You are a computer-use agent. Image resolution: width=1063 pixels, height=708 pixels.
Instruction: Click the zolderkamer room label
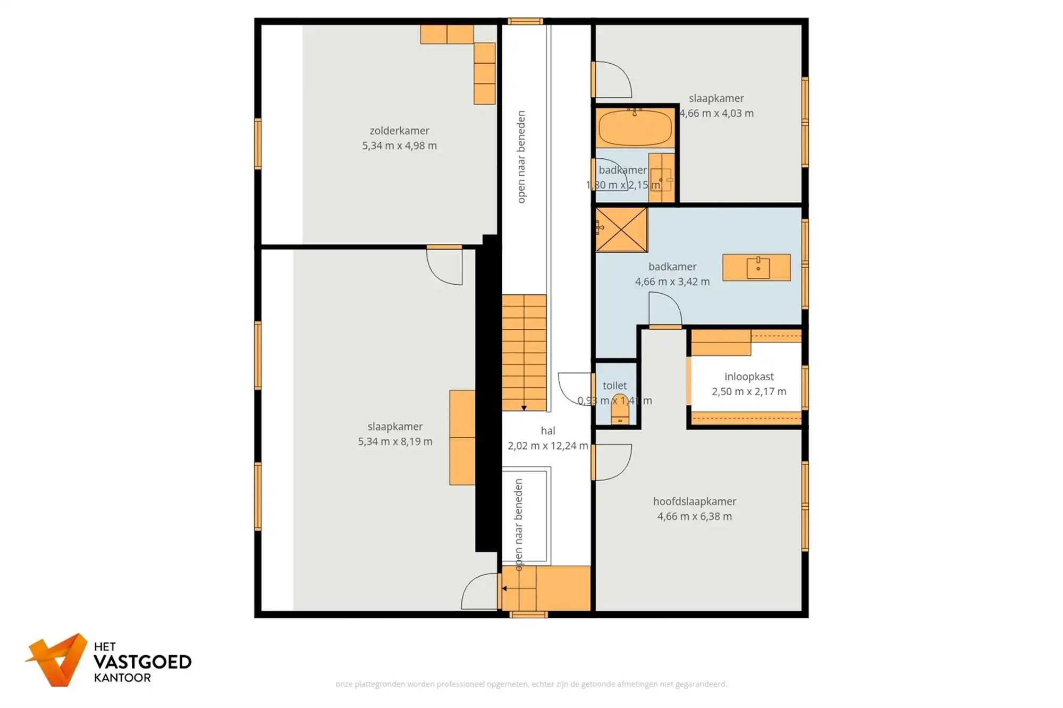coord(399,131)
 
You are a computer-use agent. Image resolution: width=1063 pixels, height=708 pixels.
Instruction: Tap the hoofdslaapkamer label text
coord(694,501)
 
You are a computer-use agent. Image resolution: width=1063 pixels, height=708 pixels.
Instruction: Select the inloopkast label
coord(749,377)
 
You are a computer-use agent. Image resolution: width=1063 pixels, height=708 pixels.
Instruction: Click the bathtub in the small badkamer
coord(635,128)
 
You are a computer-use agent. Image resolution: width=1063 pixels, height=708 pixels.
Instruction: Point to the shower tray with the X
coord(621,229)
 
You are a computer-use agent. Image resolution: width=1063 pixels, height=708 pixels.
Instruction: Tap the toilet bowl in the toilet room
coord(620,410)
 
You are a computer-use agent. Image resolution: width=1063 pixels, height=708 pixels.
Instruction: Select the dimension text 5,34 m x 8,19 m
coord(395,441)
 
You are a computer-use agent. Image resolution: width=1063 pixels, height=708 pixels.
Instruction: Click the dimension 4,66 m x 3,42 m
coord(672,282)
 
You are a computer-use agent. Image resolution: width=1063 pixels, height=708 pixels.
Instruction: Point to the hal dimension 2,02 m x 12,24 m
coord(547,446)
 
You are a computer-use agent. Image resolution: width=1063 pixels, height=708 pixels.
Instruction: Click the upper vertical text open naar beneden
coord(521,157)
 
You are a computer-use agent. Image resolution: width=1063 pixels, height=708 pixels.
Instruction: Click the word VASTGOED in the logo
coord(142,662)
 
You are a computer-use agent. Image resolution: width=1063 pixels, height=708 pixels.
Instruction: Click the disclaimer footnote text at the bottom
coord(531,684)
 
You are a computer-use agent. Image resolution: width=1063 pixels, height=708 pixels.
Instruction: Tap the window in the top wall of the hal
coord(525,21)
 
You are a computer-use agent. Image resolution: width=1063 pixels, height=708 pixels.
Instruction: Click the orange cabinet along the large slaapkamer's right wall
coord(462,437)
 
